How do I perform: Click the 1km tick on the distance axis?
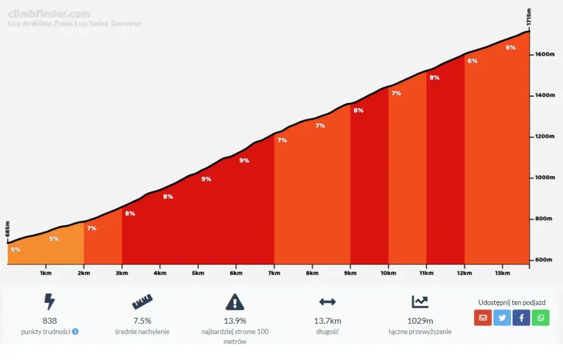tap(46, 273)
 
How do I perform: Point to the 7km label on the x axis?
tap(274, 273)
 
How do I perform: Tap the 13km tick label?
tap(502, 273)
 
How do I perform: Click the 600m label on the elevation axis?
tap(543, 260)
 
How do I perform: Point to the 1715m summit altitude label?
tap(529, 16)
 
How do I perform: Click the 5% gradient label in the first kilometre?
tap(15, 250)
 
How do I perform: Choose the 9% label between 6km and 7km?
tap(244, 160)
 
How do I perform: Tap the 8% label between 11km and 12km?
tap(434, 77)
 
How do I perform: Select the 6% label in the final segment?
tap(510, 47)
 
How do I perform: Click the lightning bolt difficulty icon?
tap(49, 302)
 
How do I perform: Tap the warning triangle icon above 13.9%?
tap(235, 302)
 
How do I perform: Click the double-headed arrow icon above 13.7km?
tap(327, 302)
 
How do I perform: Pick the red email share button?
tap(483, 317)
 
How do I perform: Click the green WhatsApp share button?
tap(540, 317)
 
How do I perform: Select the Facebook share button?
tap(521, 317)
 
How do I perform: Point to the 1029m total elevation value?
tap(420, 321)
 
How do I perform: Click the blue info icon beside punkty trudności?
tap(75, 331)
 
